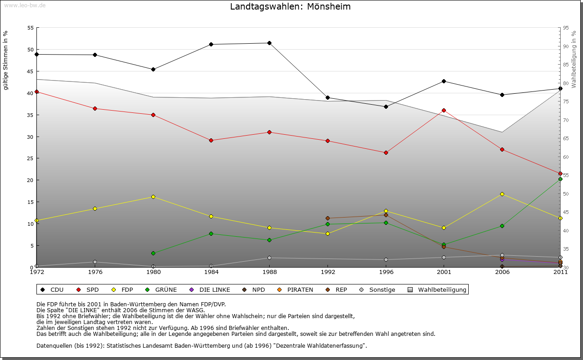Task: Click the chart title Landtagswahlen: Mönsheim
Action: [x=290, y=7]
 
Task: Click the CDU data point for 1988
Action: [x=269, y=43]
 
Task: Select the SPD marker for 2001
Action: [x=444, y=110]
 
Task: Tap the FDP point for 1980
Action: [x=153, y=197]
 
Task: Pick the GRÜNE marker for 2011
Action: [x=560, y=179]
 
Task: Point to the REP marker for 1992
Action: [x=327, y=218]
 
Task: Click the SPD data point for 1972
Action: [x=36, y=91]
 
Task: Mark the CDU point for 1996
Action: [x=386, y=106]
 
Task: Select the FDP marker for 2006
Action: [x=502, y=194]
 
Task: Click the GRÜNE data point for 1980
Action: [x=153, y=253]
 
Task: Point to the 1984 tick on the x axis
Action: [x=211, y=272]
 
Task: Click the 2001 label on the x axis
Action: [x=444, y=272]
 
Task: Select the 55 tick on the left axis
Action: [x=31, y=28]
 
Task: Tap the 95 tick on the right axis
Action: [x=566, y=28]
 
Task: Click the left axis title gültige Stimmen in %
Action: [x=6, y=60]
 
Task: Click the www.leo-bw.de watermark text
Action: [x=25, y=5]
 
